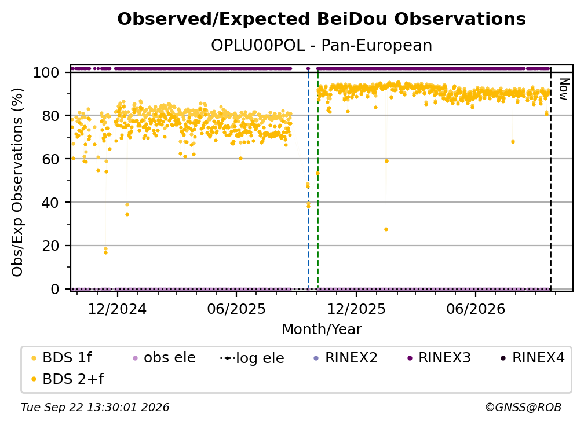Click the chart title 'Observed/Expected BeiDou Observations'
point(322,19)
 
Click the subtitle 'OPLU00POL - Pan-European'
point(322,45)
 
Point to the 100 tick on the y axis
point(46,72)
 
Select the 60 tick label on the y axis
point(50,159)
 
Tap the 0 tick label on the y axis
point(54,289)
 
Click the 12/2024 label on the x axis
point(117,309)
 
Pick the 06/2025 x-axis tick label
point(236,309)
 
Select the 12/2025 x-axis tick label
point(356,309)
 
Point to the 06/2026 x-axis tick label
point(476,309)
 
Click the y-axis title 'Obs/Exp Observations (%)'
point(17,182)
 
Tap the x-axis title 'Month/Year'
point(322,329)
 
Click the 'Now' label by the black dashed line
point(564,89)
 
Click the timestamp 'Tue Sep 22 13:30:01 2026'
point(95,407)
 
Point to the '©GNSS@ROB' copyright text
point(523,407)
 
